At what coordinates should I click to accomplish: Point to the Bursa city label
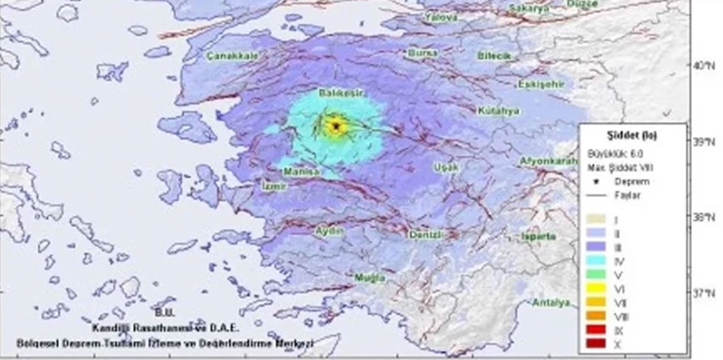click(x=423, y=53)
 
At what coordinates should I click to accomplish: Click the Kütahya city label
click(x=498, y=111)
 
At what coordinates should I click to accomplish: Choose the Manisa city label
click(x=301, y=172)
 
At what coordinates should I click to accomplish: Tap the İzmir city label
click(x=275, y=186)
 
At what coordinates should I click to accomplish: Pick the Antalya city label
click(x=550, y=302)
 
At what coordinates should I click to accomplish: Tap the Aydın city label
click(x=330, y=231)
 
